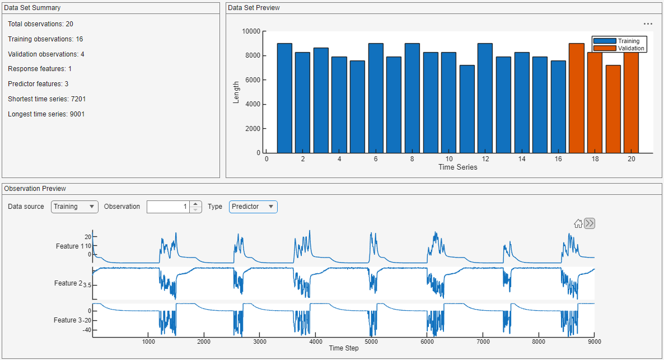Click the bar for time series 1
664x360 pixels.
(284, 98)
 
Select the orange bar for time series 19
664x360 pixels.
(613, 109)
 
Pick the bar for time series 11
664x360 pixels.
(467, 109)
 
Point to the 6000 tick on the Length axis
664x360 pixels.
(252, 80)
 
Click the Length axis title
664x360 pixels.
(236, 92)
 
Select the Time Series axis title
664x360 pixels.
(458, 167)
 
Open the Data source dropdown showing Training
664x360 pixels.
(74, 207)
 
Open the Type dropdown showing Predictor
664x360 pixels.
(253, 207)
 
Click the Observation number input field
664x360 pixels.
(167, 207)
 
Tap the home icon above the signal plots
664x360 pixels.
(578, 224)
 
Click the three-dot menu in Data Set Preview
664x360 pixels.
(648, 24)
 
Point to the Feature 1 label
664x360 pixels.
(68, 246)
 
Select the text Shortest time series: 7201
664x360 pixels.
(46, 99)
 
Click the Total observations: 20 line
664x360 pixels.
(40, 24)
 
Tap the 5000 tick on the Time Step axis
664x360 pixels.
(371, 341)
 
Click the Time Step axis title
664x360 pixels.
(344, 348)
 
